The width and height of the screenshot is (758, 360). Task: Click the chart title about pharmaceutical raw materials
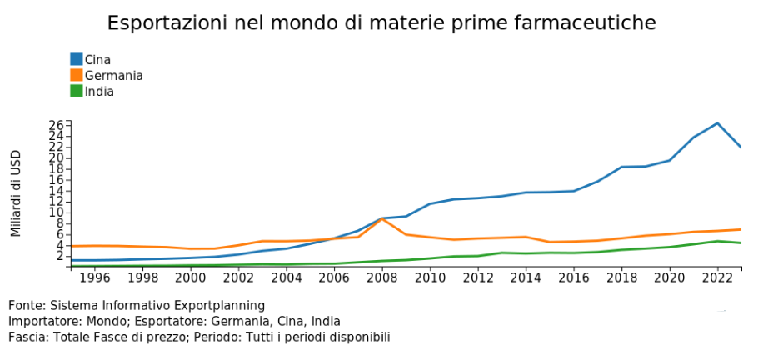[x=381, y=22]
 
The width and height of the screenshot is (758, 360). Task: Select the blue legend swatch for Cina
[x=76, y=59]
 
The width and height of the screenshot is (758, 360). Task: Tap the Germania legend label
[x=114, y=76]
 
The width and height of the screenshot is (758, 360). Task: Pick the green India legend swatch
[x=76, y=92]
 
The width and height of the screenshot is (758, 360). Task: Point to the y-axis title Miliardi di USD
[x=16, y=193]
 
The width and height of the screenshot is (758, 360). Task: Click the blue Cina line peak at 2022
[x=717, y=123]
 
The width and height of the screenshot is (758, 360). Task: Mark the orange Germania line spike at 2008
[x=381, y=218]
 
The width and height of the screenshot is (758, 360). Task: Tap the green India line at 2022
[x=717, y=241]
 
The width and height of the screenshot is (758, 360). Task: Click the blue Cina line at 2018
[x=621, y=167]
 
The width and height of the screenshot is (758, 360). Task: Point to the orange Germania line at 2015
[x=549, y=242]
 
